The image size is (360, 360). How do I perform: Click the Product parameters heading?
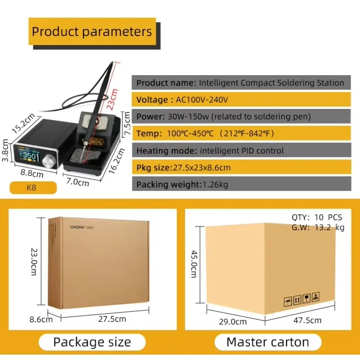[x=92, y=31]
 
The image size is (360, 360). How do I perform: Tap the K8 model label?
[x=31, y=188]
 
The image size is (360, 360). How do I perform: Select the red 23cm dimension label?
[x=112, y=99]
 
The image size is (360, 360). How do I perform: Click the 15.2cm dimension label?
[x=23, y=123]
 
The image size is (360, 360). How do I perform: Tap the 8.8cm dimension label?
[x=32, y=173]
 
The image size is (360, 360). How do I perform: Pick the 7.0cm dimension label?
[x=77, y=182]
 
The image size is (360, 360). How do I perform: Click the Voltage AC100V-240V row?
[x=241, y=99]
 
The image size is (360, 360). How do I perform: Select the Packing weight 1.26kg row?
[x=242, y=184]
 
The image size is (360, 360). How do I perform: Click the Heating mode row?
[x=242, y=150]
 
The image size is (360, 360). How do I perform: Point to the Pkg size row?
[x=242, y=167]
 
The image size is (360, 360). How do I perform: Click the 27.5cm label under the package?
[x=112, y=319]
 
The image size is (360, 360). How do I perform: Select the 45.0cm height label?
[x=194, y=264]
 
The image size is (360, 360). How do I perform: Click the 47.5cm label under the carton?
[x=307, y=320]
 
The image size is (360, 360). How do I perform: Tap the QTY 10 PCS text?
[x=317, y=217]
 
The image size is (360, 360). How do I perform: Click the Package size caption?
[x=92, y=342]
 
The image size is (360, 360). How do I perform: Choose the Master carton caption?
[x=268, y=342]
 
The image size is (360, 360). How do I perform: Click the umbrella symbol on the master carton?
[x=288, y=301]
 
